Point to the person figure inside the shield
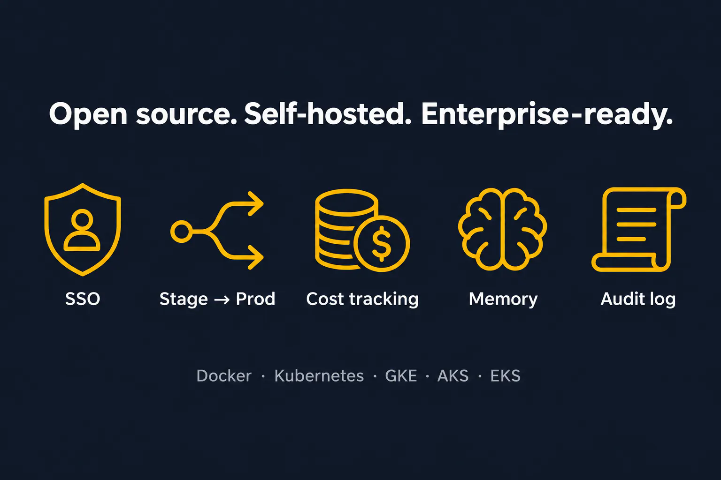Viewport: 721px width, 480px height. (x=82, y=230)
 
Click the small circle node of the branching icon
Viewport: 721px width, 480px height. (x=182, y=232)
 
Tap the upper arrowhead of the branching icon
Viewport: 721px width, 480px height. (x=256, y=204)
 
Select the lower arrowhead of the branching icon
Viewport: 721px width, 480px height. (x=256, y=257)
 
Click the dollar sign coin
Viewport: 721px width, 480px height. (x=382, y=243)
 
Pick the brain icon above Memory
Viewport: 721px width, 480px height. (x=502, y=229)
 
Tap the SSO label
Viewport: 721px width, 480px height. (x=83, y=299)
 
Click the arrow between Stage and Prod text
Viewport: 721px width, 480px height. (x=222, y=300)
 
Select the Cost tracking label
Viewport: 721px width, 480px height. (x=362, y=300)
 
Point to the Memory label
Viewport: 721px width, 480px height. (x=503, y=300)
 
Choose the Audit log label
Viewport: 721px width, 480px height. (x=638, y=300)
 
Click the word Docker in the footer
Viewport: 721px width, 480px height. (x=224, y=376)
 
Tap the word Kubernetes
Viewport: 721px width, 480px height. (x=319, y=376)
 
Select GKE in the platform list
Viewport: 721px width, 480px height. (x=401, y=376)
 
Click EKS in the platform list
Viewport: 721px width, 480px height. (x=506, y=376)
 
